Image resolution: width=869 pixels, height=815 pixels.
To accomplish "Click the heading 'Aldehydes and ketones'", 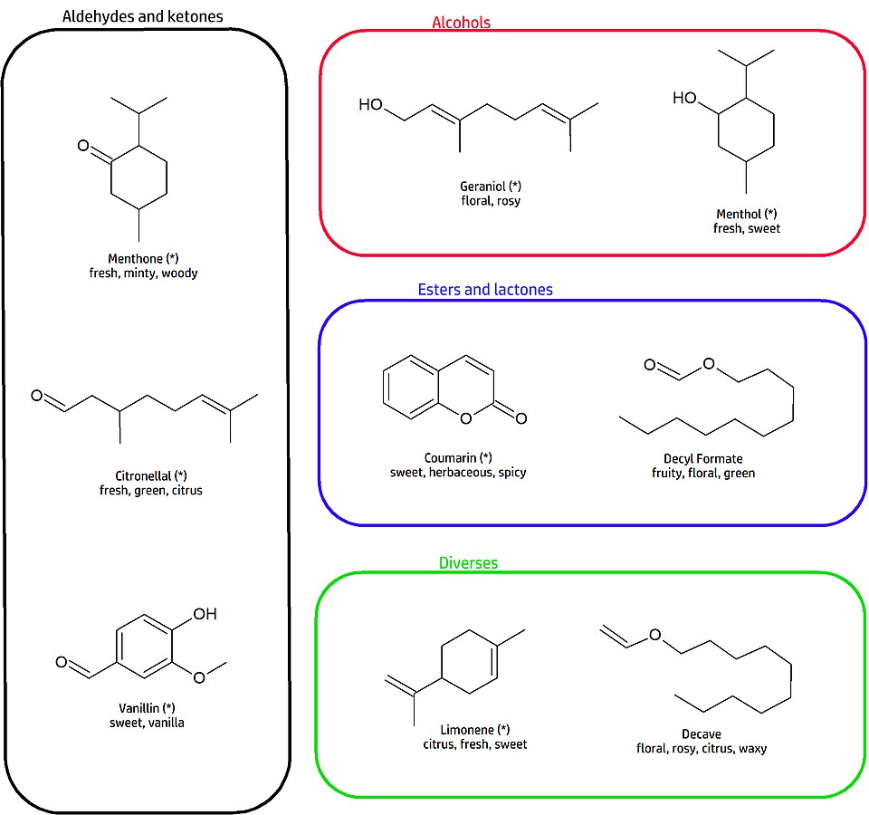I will (143, 16).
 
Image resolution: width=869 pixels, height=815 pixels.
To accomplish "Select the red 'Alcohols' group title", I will (461, 23).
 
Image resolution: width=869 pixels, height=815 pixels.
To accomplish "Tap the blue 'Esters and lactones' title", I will (484, 290).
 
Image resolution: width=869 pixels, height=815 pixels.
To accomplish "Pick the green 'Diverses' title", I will (468, 562).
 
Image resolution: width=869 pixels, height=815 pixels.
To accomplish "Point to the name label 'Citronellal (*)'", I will (150, 475).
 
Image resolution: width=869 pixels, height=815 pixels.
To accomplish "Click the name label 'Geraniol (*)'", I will (491, 186).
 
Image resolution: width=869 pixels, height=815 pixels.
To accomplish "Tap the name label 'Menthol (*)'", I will (747, 214).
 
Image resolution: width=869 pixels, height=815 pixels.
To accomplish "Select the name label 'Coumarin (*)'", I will (458, 457).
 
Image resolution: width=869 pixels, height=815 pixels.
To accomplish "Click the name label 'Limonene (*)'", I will (474, 729).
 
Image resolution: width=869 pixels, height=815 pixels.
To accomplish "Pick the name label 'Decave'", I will (702, 733).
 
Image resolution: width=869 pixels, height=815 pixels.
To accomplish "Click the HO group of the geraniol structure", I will (370, 104).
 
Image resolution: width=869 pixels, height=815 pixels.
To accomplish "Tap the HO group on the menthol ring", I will (684, 98).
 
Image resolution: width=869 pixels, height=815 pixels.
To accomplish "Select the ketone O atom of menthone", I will (83, 145).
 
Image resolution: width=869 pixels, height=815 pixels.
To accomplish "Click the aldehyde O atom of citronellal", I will (37, 396).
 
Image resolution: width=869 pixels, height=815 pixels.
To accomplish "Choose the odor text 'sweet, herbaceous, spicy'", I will (458, 472).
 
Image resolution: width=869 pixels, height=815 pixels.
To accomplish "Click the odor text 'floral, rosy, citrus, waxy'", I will (702, 748).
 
